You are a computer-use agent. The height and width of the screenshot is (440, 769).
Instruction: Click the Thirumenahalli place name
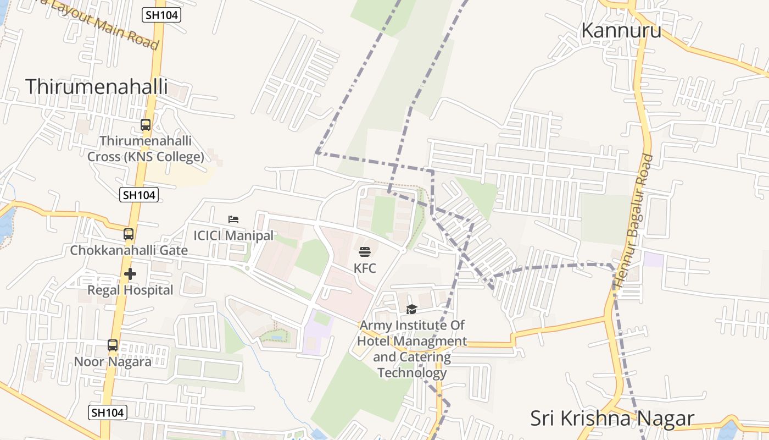tap(96, 87)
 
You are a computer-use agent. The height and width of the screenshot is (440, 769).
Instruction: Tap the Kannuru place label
tap(621, 30)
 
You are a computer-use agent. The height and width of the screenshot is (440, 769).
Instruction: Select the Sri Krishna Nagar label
tap(612, 419)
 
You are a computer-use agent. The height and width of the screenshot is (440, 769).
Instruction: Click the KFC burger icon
tap(365, 252)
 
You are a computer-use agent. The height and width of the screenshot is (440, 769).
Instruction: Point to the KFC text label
tap(365, 268)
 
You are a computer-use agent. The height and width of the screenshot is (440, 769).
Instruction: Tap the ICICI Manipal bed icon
tap(233, 219)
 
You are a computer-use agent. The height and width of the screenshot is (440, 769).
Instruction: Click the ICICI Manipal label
tap(233, 235)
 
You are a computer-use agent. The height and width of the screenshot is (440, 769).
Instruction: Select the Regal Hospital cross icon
tap(130, 273)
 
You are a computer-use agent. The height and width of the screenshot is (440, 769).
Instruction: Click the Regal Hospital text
tap(130, 290)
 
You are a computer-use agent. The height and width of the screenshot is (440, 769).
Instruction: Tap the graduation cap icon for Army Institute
tap(411, 310)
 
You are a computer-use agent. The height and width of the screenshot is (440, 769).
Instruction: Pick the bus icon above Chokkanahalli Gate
tap(129, 234)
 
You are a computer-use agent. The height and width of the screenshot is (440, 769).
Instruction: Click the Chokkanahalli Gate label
tap(129, 250)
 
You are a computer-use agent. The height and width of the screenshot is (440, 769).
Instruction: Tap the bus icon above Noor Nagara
tap(113, 345)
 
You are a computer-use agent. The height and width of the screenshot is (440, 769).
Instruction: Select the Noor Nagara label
tap(113, 362)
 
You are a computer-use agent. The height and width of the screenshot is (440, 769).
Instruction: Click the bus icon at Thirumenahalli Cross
tap(146, 125)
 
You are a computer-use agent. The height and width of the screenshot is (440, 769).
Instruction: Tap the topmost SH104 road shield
tap(161, 15)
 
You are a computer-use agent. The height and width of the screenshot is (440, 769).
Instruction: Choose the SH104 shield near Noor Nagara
tap(108, 413)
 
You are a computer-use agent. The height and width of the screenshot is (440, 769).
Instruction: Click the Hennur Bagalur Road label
tap(633, 221)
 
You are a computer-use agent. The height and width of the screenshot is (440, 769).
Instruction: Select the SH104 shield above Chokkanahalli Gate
tap(139, 194)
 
